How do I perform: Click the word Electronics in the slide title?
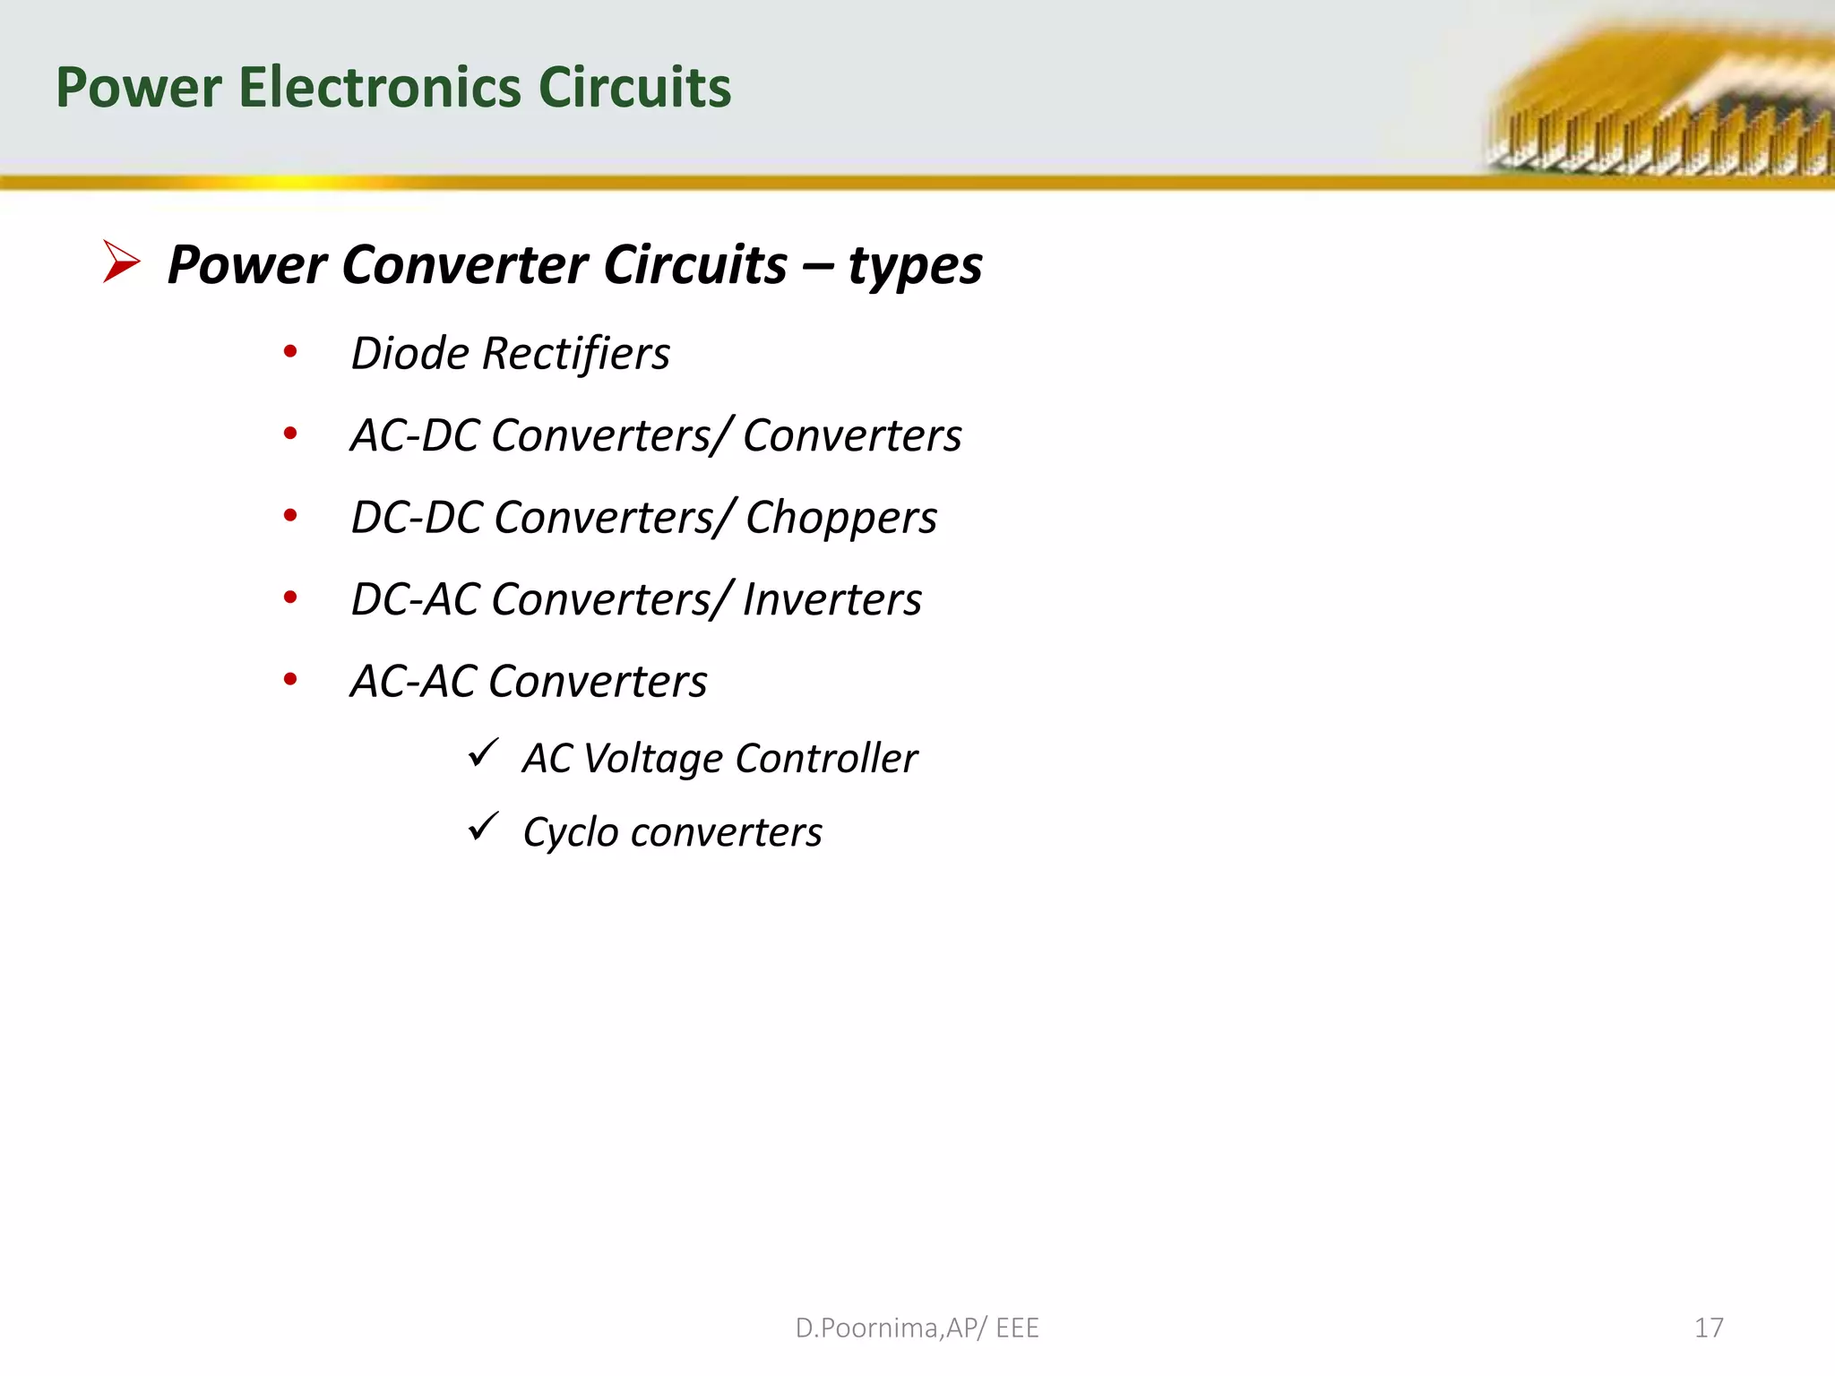380,88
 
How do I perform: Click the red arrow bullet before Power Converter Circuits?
121,262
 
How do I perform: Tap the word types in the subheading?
915,266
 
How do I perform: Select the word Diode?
409,353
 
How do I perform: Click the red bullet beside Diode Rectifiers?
290,351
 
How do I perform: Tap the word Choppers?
840,518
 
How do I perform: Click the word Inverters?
831,599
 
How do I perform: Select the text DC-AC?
414,599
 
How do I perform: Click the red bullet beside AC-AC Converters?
290,679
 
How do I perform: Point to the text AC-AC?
413,682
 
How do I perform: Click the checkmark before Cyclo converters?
483,826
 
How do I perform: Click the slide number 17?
1709,1328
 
